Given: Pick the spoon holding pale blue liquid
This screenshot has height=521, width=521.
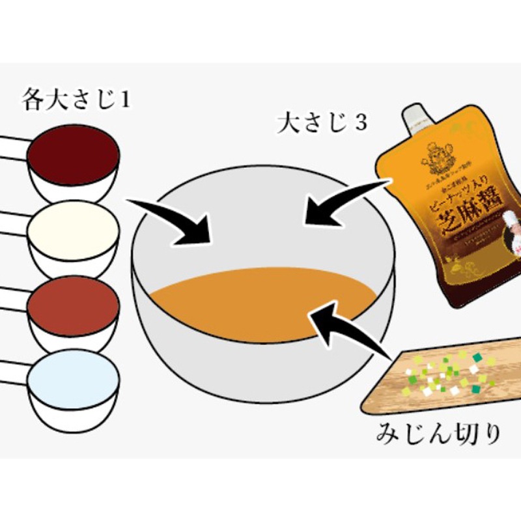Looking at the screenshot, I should click(x=73, y=378).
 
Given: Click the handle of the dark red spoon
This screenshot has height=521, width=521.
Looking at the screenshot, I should click(x=13, y=147).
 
